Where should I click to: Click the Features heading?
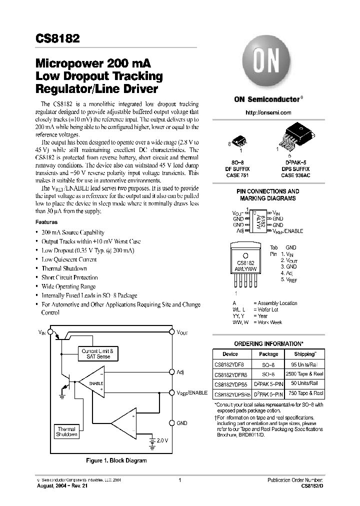tap(46, 222)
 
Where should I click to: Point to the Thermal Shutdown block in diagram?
tap(66, 432)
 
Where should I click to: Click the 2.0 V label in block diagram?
tap(161, 441)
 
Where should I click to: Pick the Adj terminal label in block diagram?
tap(180, 372)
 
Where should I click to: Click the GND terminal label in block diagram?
tap(182, 423)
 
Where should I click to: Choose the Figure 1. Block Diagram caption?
tap(116, 460)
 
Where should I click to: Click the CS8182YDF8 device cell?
tap(229, 364)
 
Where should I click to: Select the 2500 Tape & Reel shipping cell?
tap(304, 374)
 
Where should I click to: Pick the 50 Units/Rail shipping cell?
tap(304, 383)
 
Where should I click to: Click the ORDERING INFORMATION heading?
tap(269, 344)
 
